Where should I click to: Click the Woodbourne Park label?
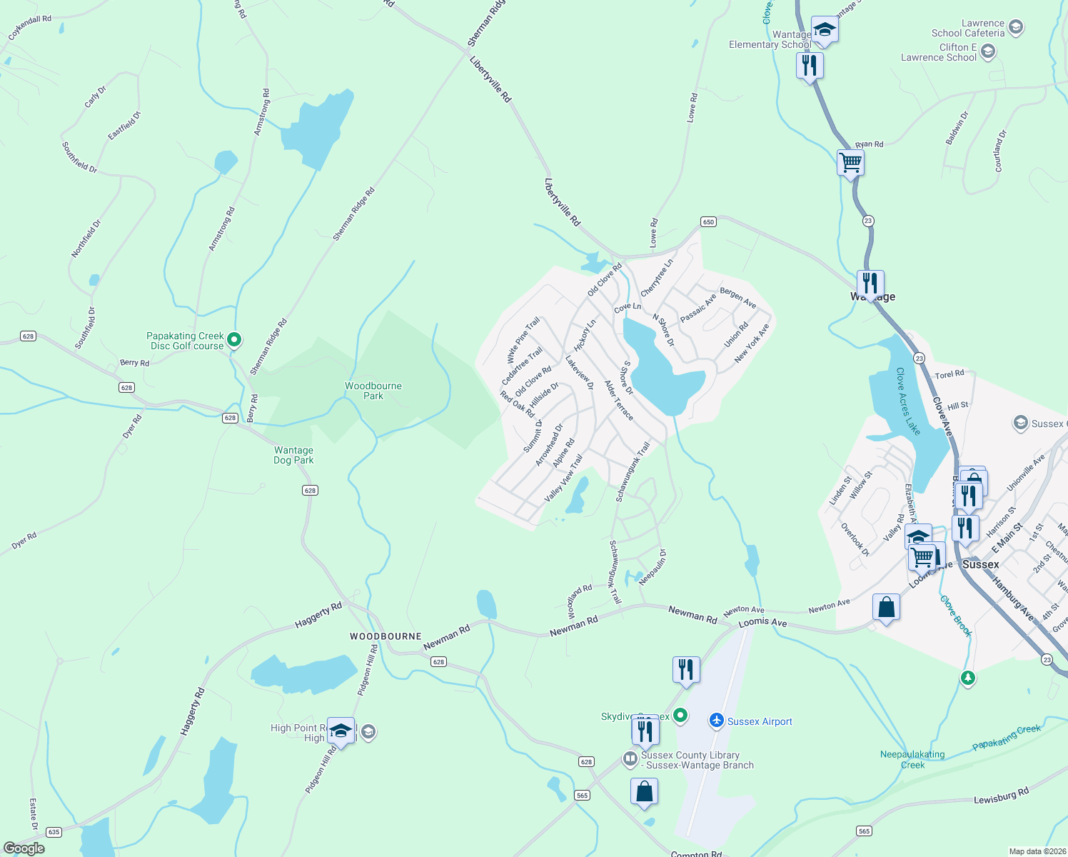[x=373, y=391]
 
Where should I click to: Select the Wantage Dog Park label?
[x=293, y=455]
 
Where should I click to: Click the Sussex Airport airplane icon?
[x=717, y=721]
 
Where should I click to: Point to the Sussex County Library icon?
[x=630, y=758]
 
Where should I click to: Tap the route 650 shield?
[x=707, y=222]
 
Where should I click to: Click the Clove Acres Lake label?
[x=908, y=401]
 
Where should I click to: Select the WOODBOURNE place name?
[x=386, y=636]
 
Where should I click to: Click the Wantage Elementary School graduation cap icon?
[x=824, y=30]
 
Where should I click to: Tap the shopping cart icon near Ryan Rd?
[x=850, y=163]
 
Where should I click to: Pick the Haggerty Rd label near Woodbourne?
[x=318, y=616]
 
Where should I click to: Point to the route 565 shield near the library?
[x=582, y=795]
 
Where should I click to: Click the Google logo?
[x=24, y=848]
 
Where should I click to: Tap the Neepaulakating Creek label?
[x=912, y=759]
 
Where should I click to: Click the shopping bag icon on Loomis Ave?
[x=886, y=608]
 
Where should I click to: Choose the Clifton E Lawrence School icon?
[x=988, y=51]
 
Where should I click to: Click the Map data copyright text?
[x=1037, y=851]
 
